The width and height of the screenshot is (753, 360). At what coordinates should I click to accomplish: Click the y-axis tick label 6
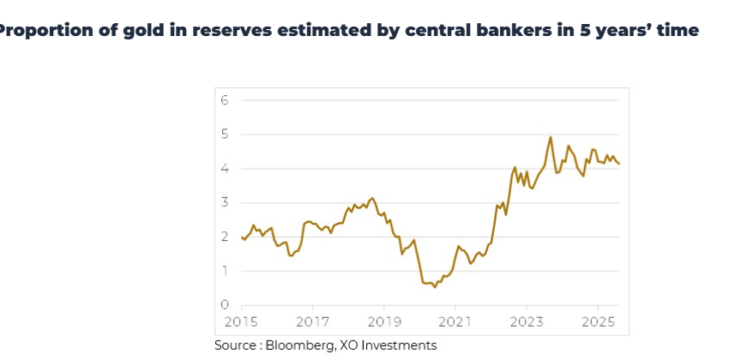225,100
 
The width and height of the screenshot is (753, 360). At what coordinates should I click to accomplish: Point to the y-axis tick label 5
225,135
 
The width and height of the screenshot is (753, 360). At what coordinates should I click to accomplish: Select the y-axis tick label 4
225,169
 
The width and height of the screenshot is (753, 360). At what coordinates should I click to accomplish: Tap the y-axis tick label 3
225,203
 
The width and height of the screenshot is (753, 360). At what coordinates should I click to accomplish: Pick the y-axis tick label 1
225,272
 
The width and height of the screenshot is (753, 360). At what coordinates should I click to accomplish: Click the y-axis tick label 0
225,305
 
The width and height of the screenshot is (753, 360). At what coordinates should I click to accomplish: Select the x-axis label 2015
241,321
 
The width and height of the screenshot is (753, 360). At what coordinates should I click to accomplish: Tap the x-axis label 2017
312,321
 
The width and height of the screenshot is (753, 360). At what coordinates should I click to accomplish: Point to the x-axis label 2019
383,321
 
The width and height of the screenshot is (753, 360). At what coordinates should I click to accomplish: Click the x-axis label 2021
455,321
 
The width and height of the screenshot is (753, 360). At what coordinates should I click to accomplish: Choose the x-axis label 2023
526,321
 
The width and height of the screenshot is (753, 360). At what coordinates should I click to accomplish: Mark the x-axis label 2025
597,321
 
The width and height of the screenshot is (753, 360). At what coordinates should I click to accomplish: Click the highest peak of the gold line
551,137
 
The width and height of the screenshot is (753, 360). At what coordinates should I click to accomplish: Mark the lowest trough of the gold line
435,286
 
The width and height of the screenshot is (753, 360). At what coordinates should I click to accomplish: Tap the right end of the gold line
619,164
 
